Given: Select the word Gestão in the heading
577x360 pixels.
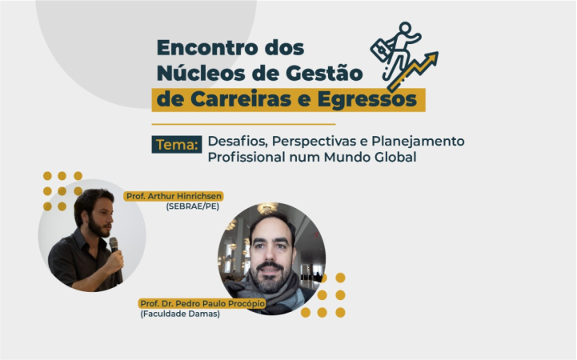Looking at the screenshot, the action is pos(324,73).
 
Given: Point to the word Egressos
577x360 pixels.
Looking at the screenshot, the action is pos(367,100).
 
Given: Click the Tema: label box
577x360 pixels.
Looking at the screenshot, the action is pos(177,144).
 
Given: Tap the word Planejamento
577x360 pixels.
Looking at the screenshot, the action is pos(418,142).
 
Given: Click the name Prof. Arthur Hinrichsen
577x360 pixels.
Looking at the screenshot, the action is pos(174,196).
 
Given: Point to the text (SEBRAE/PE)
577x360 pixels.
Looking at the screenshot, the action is pos(192,206).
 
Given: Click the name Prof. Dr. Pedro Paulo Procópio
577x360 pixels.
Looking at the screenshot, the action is pos(202,303).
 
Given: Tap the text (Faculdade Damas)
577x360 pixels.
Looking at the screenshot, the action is pos(180,314).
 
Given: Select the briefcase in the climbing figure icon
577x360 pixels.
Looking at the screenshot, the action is pos(381,50).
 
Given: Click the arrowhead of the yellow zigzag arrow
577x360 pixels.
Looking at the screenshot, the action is pos(431,58).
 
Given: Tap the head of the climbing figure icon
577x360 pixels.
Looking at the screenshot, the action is pos(405,28).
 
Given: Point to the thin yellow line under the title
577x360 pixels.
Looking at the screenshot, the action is pos(243,124).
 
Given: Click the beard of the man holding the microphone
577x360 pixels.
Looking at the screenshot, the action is pos(98,226).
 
